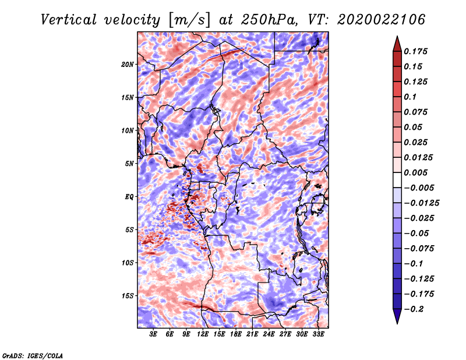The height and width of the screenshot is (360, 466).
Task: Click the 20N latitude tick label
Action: [128, 64]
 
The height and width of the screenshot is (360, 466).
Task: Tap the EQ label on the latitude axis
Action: [129, 196]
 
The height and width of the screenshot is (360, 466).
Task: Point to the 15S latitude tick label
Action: [128, 295]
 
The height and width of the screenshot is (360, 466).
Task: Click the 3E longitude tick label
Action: [153, 334]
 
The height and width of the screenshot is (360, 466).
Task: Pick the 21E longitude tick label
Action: [252, 334]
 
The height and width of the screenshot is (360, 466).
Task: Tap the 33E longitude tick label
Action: [318, 334]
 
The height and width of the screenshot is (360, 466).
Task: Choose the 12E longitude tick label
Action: [203, 334]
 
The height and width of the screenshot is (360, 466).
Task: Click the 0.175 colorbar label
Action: [416, 51]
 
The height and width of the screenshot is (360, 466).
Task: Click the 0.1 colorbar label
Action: [411, 97]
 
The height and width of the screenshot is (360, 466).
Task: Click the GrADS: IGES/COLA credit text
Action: [33, 354]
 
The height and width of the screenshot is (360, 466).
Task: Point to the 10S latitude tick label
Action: [128, 263]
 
